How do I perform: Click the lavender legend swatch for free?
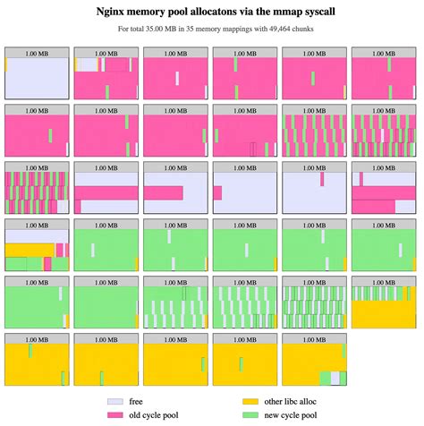pyautogui.click(x=114, y=402)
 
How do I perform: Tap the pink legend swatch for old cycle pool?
pyautogui.click(x=114, y=416)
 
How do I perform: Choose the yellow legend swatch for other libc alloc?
pyautogui.click(x=251, y=402)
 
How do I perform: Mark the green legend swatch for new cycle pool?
pyautogui.click(x=251, y=416)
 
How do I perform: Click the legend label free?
pyautogui.click(x=136, y=402)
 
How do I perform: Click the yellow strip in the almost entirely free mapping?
pyautogui.click(x=6, y=64)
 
